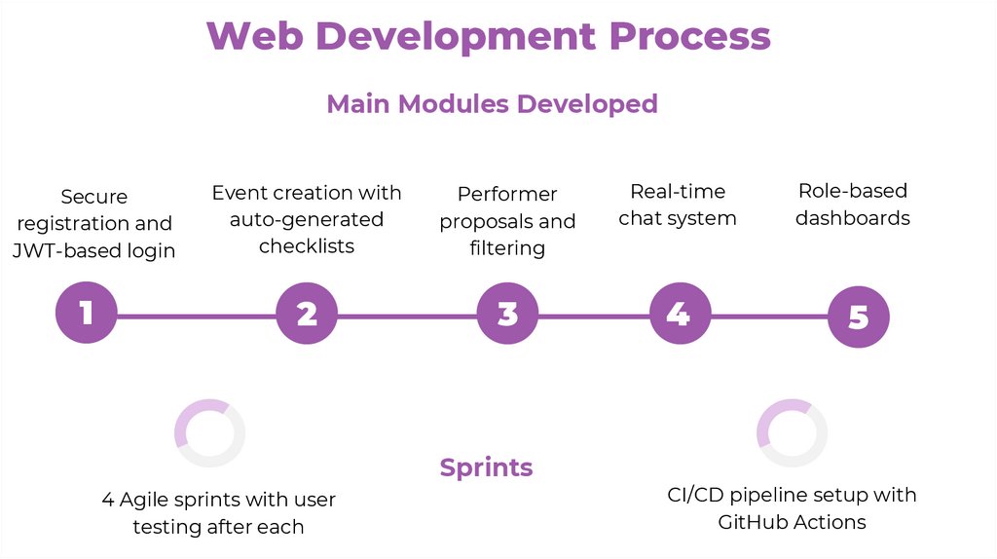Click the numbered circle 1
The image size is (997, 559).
87,313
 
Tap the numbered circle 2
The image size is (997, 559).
307,313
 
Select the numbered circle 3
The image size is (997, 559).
507,313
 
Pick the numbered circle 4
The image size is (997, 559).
679,313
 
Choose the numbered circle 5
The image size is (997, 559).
858,317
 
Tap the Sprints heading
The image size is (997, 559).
486,467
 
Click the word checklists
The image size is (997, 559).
307,245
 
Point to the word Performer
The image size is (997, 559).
507,194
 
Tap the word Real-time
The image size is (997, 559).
678,191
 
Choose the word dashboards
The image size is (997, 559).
853,217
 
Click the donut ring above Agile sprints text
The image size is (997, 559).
209,433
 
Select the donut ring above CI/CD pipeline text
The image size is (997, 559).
793,433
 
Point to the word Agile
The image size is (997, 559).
146,500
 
